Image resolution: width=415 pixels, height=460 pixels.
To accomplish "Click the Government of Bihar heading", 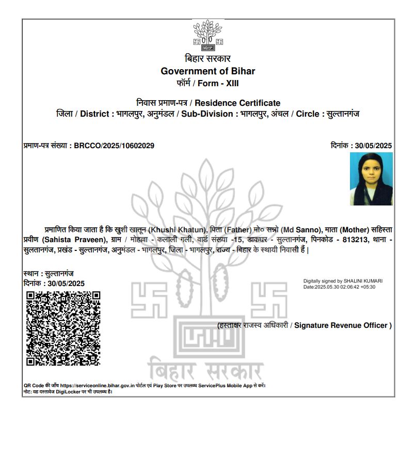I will (x=207, y=71).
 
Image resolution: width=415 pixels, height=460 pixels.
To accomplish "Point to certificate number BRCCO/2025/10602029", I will (x=114, y=146).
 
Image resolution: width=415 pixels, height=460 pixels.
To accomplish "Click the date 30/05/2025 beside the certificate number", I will (x=373, y=146).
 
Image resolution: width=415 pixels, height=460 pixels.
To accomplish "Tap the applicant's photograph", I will (x=371, y=179).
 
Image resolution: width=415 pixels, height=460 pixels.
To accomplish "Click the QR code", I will (x=63, y=328).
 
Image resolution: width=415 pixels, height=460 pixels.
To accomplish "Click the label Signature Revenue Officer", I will (x=343, y=325).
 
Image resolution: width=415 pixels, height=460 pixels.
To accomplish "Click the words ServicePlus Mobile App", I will (x=225, y=386).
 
